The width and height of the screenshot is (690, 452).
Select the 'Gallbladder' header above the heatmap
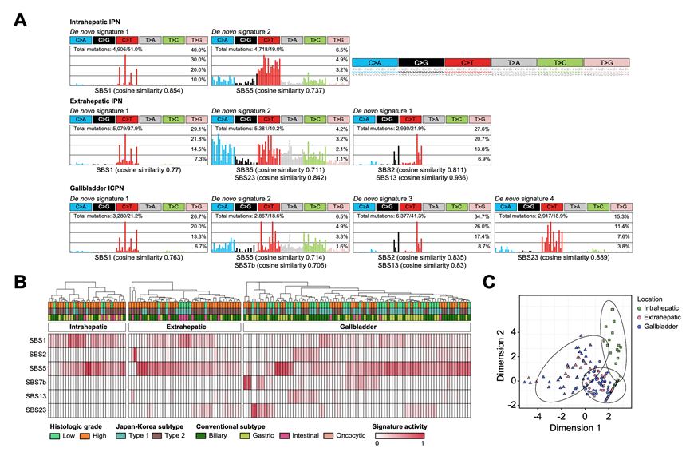[x=359, y=327]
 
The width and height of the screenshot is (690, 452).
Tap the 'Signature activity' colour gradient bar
[x=399, y=437]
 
